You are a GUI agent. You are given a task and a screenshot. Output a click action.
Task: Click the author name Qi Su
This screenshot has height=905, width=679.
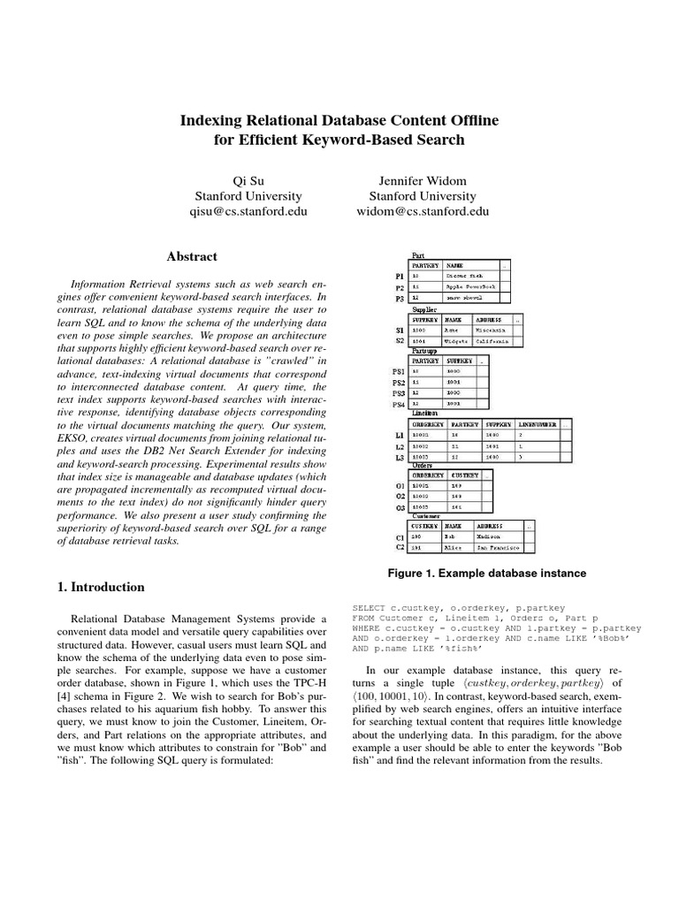pyautogui.click(x=248, y=180)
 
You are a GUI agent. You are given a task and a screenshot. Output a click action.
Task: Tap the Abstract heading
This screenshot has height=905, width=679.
pyautogui.click(x=192, y=256)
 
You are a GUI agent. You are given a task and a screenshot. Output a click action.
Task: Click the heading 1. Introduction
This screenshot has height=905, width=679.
pyautogui.click(x=95, y=587)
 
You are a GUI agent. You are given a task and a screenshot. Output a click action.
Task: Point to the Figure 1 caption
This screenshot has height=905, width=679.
pyautogui.click(x=486, y=573)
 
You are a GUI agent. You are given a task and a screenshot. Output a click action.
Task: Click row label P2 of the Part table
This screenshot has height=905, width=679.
pyautogui.click(x=400, y=288)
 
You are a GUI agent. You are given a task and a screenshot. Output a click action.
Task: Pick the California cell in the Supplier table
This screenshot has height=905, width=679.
pyautogui.click(x=496, y=338)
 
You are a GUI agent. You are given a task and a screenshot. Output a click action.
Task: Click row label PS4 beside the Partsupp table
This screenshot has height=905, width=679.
pyautogui.click(x=398, y=404)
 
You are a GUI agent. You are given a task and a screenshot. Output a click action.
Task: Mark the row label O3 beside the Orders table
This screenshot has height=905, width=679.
pyautogui.click(x=400, y=507)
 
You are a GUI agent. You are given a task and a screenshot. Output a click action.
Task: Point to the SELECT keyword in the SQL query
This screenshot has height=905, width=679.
pyautogui.click(x=368, y=609)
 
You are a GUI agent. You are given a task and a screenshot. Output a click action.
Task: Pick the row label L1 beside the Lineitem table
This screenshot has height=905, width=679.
pyautogui.click(x=400, y=436)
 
